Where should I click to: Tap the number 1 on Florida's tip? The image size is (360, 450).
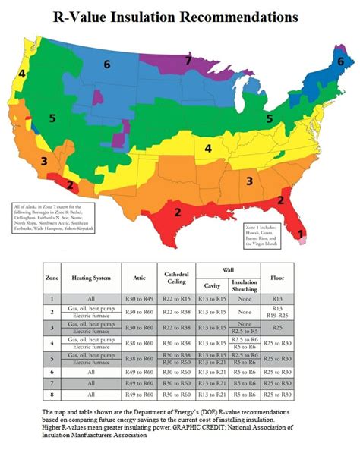301,234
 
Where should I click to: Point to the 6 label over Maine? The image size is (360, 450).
340,61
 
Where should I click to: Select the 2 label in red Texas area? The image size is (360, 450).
177,212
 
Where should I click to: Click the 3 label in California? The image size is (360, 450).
44,161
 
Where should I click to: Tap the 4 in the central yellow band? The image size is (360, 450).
207,149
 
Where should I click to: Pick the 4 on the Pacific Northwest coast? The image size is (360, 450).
22,74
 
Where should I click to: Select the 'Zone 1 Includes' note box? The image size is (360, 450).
264,235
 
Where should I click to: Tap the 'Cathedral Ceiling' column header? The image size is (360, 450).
177,278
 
